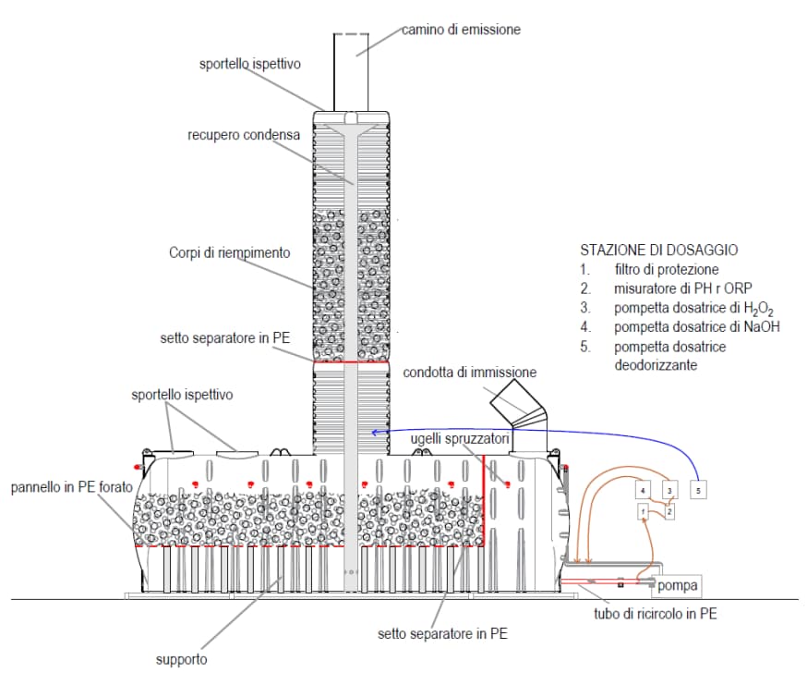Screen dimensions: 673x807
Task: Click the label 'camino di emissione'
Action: (x=461, y=30)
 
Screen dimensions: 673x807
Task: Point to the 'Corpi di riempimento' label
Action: (x=230, y=252)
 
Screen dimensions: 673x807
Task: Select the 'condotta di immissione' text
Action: (x=469, y=373)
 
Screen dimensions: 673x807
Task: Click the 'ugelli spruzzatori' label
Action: (x=459, y=440)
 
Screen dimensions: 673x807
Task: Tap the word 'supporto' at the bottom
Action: (x=181, y=659)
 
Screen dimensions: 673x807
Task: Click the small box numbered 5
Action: (x=699, y=488)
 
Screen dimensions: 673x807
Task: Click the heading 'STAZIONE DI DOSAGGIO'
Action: (x=658, y=251)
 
